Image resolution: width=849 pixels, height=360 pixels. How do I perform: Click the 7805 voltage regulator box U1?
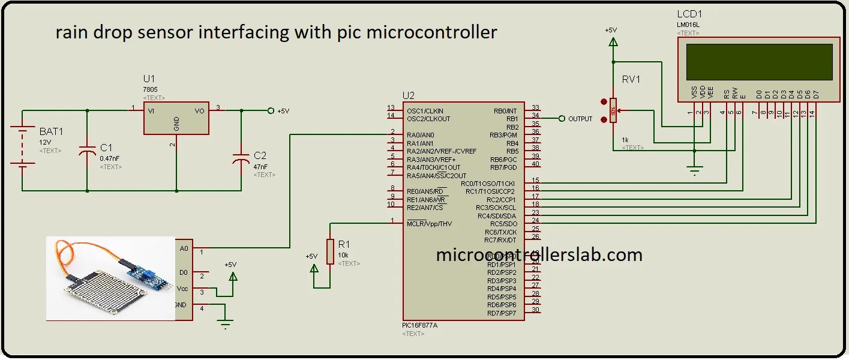click(x=176, y=118)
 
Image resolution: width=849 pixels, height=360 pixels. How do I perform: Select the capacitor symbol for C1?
click(x=88, y=152)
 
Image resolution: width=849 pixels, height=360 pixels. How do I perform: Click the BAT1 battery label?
click(x=52, y=131)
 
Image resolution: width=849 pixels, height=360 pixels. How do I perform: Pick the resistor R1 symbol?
click(x=330, y=251)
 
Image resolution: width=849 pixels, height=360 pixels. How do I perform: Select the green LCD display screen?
click(x=759, y=62)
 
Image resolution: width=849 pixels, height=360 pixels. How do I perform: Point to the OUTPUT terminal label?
click(x=580, y=119)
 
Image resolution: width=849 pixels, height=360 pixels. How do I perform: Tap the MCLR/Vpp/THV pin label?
click(x=429, y=224)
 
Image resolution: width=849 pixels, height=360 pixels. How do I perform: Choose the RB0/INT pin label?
click(x=504, y=111)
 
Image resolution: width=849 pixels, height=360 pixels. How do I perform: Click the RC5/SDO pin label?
click(x=504, y=224)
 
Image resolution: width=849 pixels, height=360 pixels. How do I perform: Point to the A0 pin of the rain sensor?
click(x=184, y=247)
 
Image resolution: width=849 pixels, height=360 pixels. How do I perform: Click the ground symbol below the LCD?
click(x=694, y=170)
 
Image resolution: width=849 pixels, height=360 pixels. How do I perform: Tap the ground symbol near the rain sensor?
click(x=226, y=325)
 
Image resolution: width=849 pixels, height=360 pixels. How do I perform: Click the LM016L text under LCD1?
click(x=688, y=25)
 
